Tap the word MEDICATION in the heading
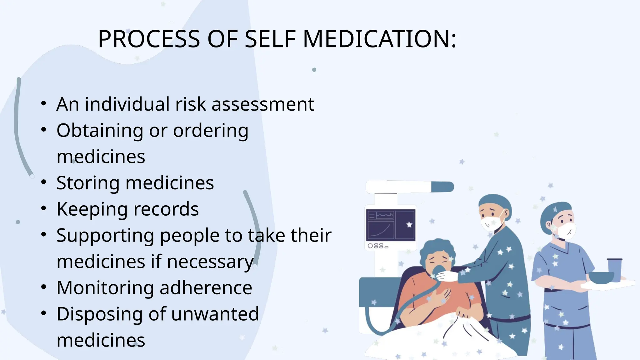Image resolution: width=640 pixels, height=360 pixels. (x=380, y=39)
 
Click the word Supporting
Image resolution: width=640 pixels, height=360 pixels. (x=105, y=236)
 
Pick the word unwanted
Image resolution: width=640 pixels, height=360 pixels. (x=215, y=314)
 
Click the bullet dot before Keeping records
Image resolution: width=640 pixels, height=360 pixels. (x=44, y=208)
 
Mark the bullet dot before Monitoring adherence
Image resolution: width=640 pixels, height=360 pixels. (x=44, y=287)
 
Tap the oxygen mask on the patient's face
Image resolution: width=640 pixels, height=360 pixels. (x=439, y=272)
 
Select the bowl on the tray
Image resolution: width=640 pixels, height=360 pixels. (x=601, y=277)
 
